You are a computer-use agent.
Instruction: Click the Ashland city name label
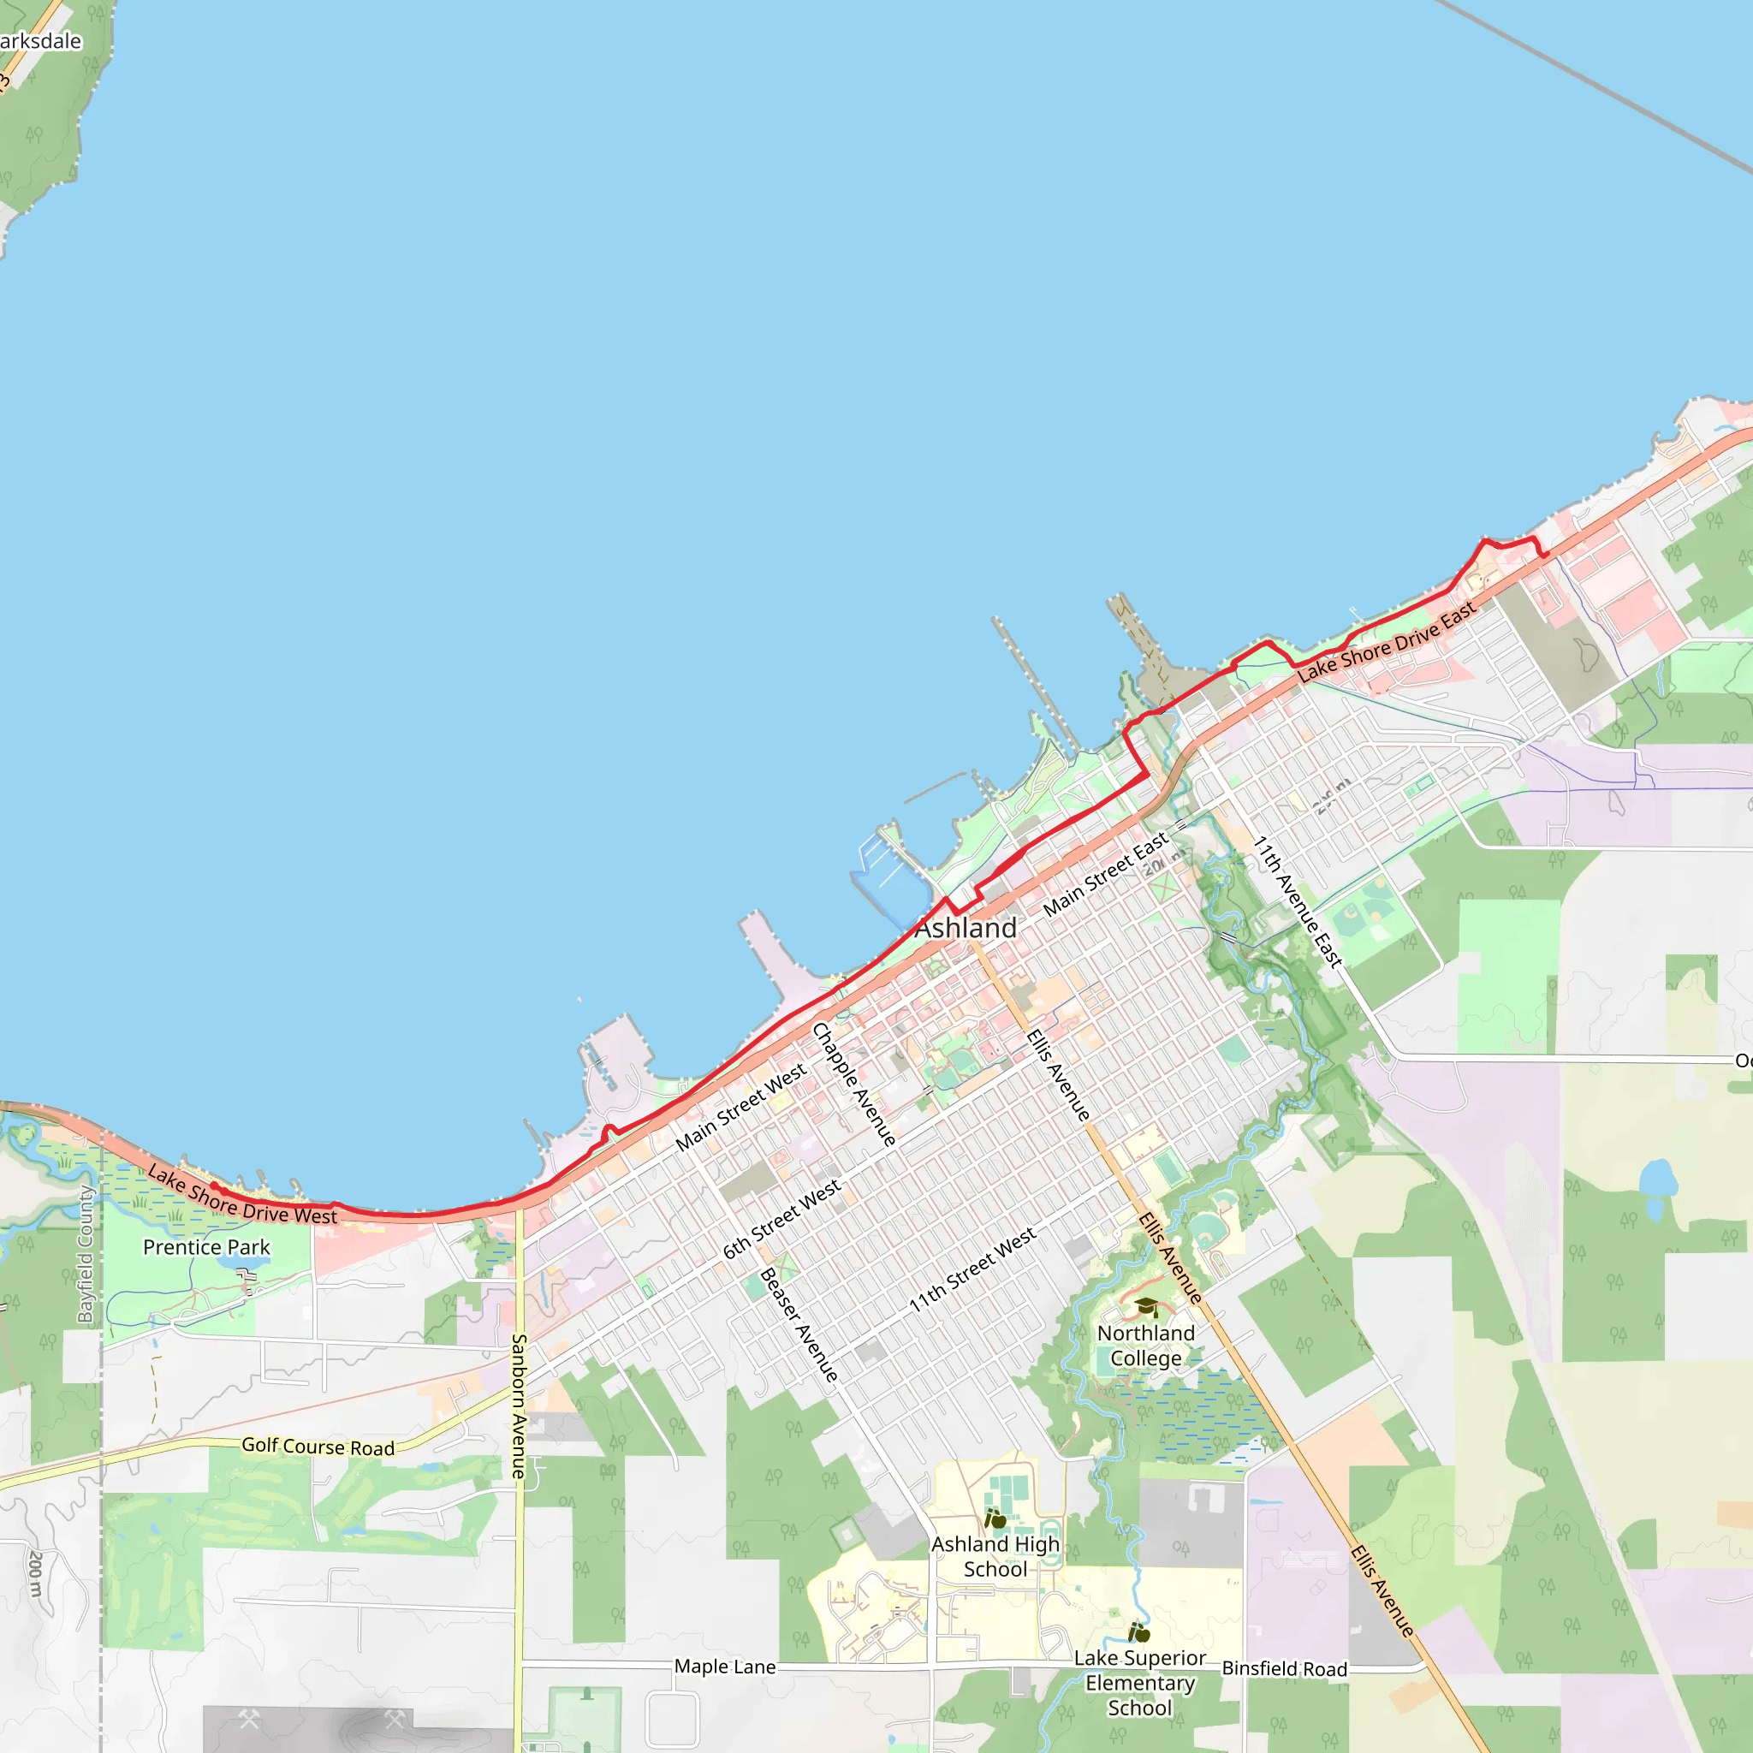pyautogui.click(x=966, y=928)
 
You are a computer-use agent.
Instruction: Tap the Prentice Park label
pyautogui.click(x=206, y=1248)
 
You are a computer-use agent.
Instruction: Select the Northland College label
pyautogui.click(x=1146, y=1346)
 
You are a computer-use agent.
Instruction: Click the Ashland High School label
pyautogui.click(x=995, y=1556)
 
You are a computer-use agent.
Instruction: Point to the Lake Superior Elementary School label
pyautogui.click(x=1139, y=1682)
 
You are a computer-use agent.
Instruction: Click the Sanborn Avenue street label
pyautogui.click(x=519, y=1405)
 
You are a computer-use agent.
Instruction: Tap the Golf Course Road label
pyautogui.click(x=318, y=1447)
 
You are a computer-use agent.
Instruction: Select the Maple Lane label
pyautogui.click(x=725, y=1667)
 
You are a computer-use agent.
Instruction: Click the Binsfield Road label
pyautogui.click(x=1284, y=1668)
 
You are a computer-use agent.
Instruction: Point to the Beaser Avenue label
pyautogui.click(x=799, y=1325)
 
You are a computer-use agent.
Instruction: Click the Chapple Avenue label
pyautogui.click(x=853, y=1084)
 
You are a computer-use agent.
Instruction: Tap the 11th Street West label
pyautogui.click(x=972, y=1269)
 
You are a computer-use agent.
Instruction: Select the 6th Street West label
pyautogui.click(x=781, y=1220)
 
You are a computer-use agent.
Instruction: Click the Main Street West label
pyautogui.click(x=740, y=1107)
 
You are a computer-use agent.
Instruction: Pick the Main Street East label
pyautogui.click(x=1105, y=875)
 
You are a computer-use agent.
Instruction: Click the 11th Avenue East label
pyautogui.click(x=1298, y=901)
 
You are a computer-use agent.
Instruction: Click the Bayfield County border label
pyautogui.click(x=86, y=1254)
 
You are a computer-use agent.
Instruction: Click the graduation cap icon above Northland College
pyautogui.click(x=1146, y=1306)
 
